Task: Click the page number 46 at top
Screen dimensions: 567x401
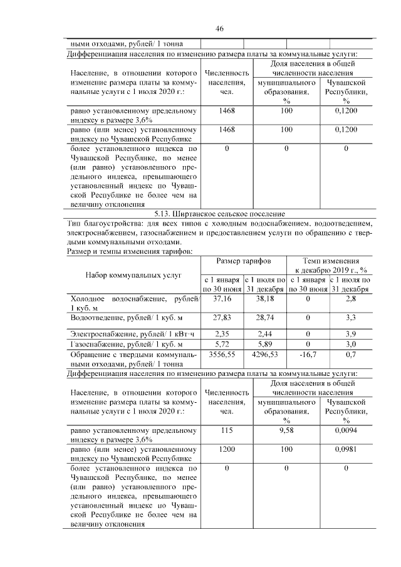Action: [220, 28]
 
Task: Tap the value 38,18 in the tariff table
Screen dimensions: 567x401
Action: [265, 299]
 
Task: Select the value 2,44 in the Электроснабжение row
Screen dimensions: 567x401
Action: [265, 333]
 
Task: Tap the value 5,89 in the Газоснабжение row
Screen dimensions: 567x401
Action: [265, 345]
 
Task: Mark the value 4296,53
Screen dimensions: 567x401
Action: [265, 355]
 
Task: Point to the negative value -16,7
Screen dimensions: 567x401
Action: [308, 355]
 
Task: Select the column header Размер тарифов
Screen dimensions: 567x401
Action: [244, 260]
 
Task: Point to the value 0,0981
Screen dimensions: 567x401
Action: [346, 450]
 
